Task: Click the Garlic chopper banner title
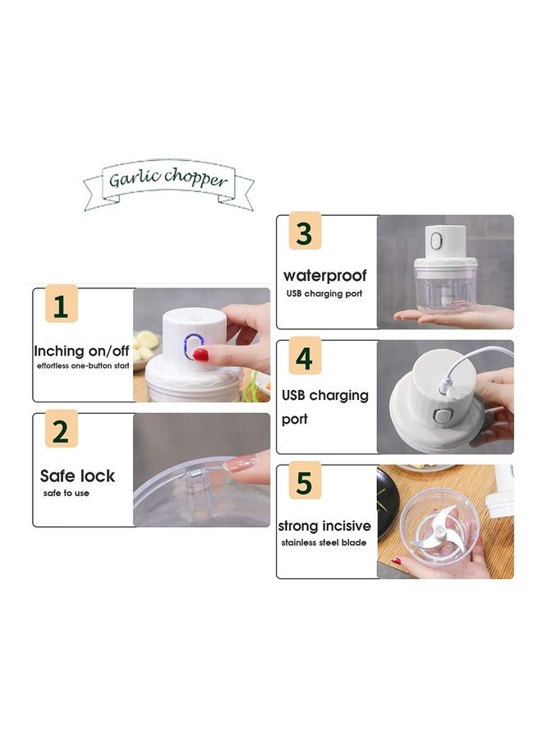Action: (168, 178)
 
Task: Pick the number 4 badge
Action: (304, 359)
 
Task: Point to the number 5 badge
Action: (304, 483)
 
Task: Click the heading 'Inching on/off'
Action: (82, 351)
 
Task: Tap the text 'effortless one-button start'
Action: (83, 365)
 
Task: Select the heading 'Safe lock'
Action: (77, 476)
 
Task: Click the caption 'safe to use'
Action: (67, 493)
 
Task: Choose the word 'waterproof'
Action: (325, 276)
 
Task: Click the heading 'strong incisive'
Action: (324, 526)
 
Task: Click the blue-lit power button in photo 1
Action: (198, 347)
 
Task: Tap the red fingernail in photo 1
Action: (201, 356)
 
